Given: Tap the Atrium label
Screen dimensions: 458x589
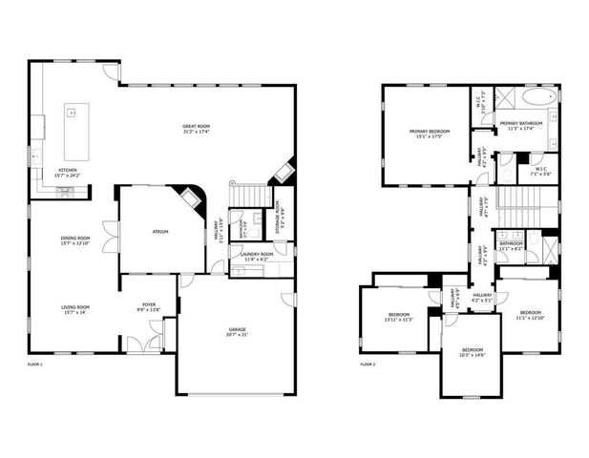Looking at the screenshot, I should tap(160, 231).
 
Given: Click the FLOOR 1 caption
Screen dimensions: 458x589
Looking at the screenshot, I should tap(35, 364).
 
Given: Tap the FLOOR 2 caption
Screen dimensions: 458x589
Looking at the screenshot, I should tap(368, 364).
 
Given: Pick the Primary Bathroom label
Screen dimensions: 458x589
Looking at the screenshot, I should tap(520, 123).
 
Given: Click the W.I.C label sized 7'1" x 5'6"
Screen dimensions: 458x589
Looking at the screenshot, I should tap(540, 170).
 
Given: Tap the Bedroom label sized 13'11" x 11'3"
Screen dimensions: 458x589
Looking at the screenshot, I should tap(398, 314).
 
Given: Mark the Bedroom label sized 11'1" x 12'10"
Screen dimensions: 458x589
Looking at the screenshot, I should tap(531, 313).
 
